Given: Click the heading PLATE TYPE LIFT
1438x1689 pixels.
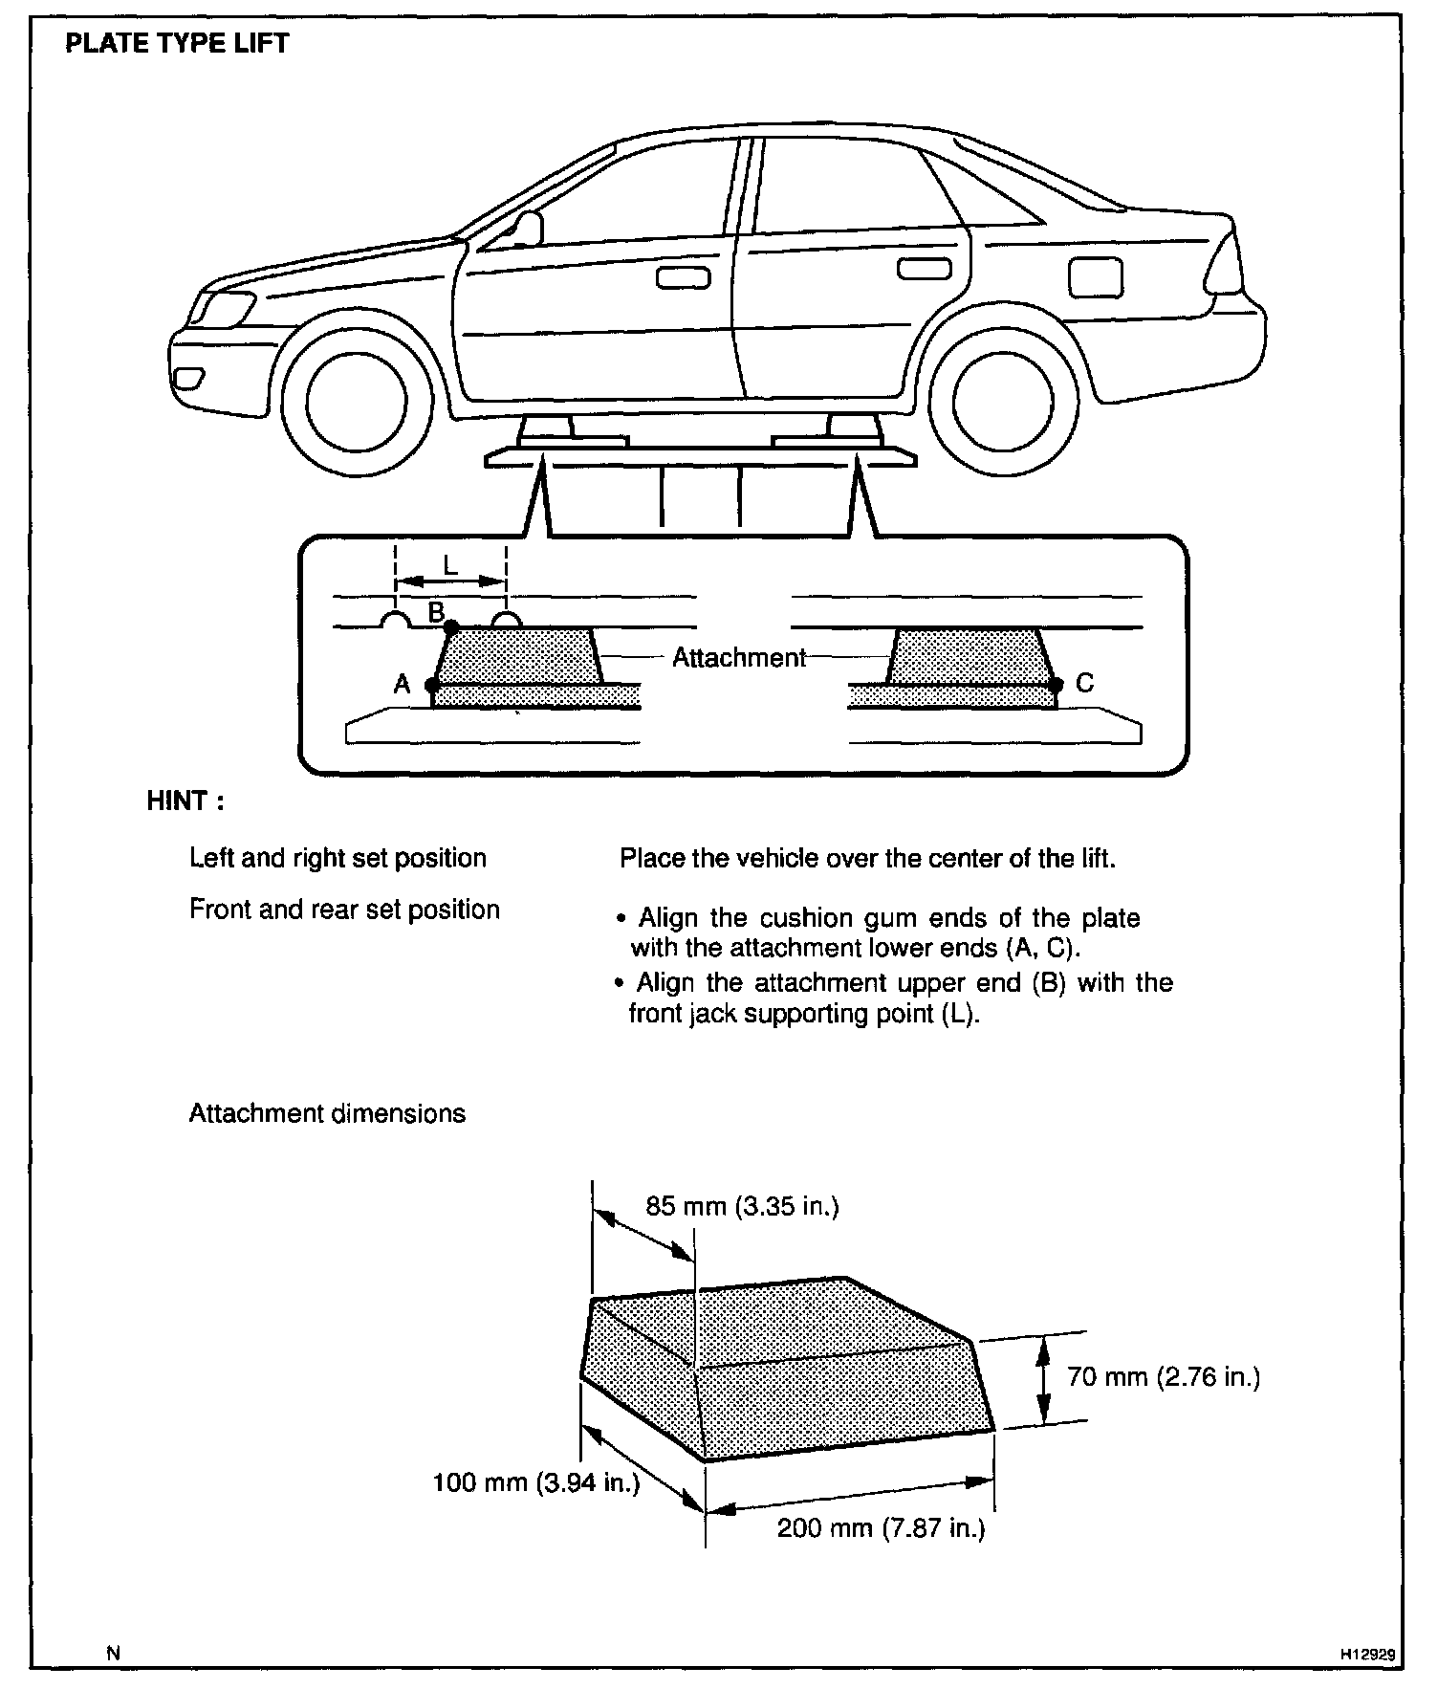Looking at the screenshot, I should [x=176, y=44].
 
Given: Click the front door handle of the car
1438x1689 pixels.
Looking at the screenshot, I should [x=683, y=277].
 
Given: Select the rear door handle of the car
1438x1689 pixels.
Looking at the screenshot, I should [x=924, y=270].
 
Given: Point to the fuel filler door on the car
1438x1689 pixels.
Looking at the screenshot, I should [x=1095, y=277].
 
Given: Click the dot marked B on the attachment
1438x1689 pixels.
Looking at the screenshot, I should [x=451, y=625].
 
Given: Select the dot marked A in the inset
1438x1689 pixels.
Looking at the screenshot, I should [x=432, y=685].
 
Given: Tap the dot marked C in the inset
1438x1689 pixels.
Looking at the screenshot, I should [x=1056, y=685].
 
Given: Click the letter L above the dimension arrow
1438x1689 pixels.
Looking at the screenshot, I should [x=450, y=564].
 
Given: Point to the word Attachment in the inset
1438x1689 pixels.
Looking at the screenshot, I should [x=739, y=658].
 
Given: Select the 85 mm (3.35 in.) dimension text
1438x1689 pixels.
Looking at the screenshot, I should [x=742, y=1206].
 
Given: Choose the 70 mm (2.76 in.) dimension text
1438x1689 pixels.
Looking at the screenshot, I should [x=1164, y=1376].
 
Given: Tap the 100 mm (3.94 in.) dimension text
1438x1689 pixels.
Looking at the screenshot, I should [x=535, y=1482].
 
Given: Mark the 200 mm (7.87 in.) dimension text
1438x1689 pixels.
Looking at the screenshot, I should [x=881, y=1527].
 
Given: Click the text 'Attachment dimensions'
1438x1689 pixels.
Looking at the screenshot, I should [x=327, y=1113].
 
